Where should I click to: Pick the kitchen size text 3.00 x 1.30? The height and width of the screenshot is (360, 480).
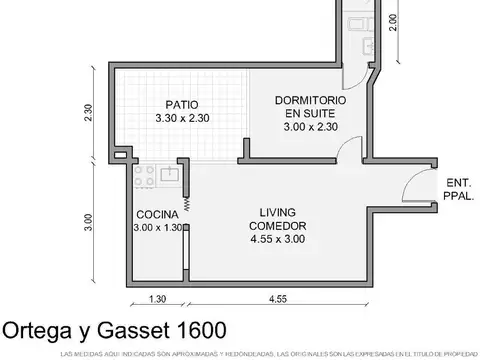coord(157,228)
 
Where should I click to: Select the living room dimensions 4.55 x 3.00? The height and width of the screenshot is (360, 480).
coord(278,240)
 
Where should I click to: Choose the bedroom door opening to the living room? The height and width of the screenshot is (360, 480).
coord(346,152)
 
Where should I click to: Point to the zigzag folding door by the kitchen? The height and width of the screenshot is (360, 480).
coord(186,203)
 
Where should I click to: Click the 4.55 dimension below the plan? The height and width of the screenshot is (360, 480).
coord(278,299)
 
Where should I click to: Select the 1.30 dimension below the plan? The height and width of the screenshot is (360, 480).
coord(157,299)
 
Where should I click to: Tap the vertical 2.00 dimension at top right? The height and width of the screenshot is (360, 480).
coord(393,22)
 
